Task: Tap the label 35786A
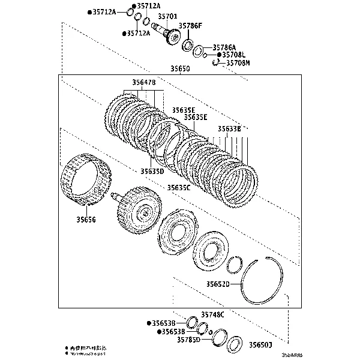pos(224,47)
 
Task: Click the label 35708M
pos(238,62)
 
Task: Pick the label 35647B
pos(143,82)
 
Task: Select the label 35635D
pos(152,171)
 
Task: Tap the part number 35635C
pos(178,187)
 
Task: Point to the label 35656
pos(86,220)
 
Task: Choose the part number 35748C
pos(212,314)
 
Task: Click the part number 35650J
pos(261,345)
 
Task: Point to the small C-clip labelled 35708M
pos(214,64)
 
